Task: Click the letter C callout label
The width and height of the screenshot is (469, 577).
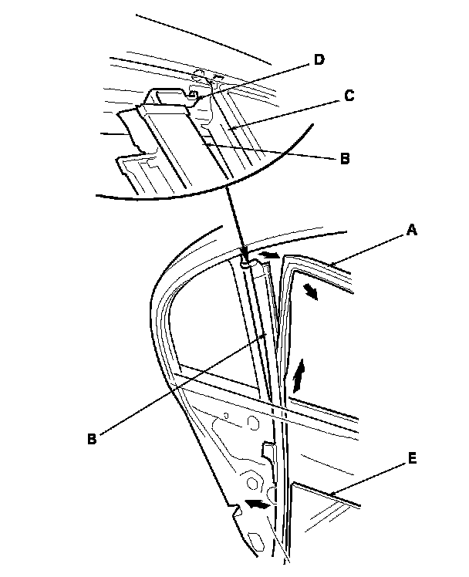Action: click(x=349, y=96)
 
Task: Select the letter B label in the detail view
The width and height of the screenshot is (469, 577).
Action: click(x=344, y=160)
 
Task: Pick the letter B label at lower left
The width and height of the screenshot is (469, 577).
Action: click(x=92, y=439)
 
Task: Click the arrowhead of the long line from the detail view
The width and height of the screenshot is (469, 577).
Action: click(x=245, y=260)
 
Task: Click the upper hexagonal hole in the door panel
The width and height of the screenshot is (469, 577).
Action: click(x=251, y=423)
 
